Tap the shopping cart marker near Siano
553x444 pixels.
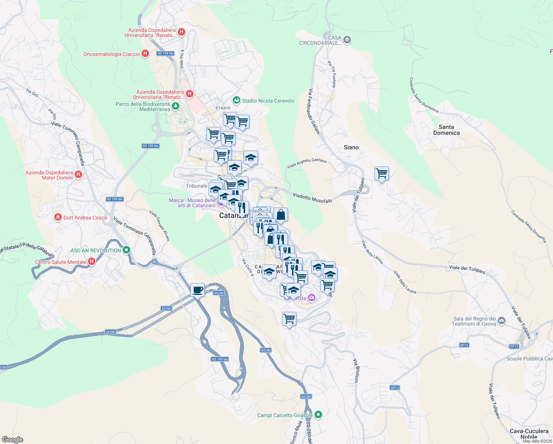coord(381,173)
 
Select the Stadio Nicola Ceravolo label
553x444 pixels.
coord(268,101)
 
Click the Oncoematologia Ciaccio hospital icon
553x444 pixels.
coord(145,54)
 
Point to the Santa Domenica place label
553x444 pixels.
coord(446,130)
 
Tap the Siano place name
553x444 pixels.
coord(351,147)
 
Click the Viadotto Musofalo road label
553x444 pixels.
coord(312,198)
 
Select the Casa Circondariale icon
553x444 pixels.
coord(347,40)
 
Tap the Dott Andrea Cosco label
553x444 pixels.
coord(85,218)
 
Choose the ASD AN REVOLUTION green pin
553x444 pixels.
coord(126,250)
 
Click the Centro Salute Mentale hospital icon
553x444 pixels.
coord(92,262)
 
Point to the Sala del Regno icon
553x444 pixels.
coord(502,320)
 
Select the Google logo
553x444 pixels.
coord(12,440)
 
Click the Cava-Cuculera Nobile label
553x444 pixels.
coord(529,434)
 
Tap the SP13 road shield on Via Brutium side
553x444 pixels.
coord(395,387)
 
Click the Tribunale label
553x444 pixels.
coord(196,186)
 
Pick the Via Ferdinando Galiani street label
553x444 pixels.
coord(314,111)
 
